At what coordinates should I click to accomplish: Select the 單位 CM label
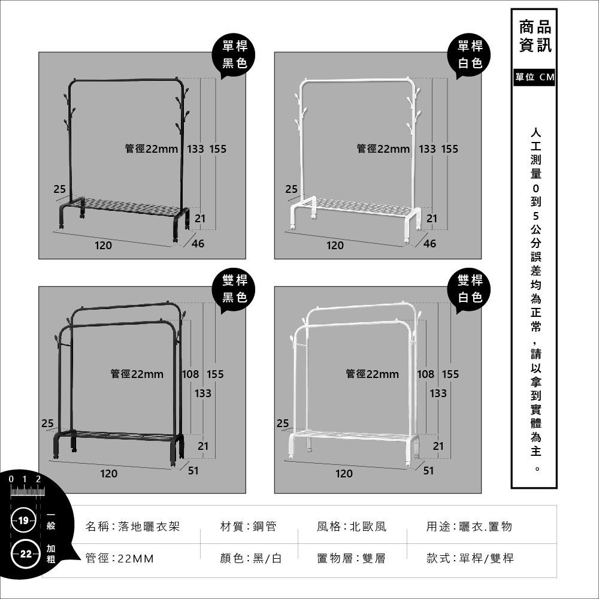[x=534, y=78]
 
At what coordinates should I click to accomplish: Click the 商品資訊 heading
[x=534, y=36]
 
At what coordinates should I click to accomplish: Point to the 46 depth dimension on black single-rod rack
[x=198, y=243]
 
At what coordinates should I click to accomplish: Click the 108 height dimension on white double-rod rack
[x=426, y=374]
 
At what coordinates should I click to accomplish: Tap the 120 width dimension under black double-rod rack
[x=108, y=474]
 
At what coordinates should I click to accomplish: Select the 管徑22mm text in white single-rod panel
[x=383, y=149]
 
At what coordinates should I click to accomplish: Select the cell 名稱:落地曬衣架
[x=132, y=527]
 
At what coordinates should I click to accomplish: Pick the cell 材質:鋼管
[x=248, y=527]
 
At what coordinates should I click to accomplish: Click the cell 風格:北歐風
[x=351, y=527]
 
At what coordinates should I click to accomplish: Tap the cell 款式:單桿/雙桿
[x=470, y=558]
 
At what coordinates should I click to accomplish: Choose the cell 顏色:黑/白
[x=250, y=558]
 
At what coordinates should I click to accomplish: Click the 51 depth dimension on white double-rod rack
[x=429, y=471]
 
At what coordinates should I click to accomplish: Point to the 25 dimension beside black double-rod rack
[x=47, y=423]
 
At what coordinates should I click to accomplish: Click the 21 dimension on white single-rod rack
[x=431, y=219]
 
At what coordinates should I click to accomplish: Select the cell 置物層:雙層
[x=350, y=558]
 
